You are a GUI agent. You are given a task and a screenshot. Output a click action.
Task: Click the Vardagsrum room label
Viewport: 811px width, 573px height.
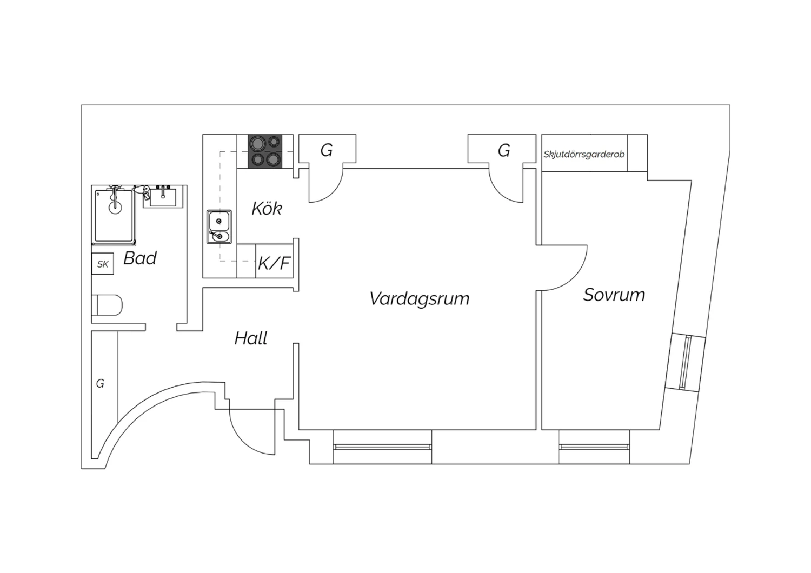coord(419,299)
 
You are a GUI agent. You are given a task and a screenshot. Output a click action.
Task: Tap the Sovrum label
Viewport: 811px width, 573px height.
coord(614,295)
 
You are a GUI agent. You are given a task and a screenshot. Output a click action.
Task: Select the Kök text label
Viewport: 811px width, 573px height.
coord(267,209)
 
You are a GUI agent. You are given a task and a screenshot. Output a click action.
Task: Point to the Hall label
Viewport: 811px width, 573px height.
coord(251,338)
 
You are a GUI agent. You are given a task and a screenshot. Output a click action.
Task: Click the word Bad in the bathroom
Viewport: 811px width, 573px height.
coord(140,258)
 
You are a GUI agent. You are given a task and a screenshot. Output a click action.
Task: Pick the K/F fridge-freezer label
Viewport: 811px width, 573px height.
coord(274,263)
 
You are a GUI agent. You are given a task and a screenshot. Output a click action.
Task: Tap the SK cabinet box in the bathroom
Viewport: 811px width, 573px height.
coord(103,264)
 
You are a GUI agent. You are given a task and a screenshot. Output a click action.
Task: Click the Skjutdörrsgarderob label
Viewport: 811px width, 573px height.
coord(584,155)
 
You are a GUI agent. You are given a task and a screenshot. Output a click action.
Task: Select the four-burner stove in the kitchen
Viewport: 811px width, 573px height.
coord(265,151)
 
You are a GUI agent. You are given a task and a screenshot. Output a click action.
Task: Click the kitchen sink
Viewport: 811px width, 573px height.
coord(219,227)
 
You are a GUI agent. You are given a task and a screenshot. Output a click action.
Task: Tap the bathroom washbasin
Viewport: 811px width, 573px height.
coord(163,197)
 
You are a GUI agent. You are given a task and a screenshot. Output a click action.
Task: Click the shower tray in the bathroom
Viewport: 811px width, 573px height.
coord(114,216)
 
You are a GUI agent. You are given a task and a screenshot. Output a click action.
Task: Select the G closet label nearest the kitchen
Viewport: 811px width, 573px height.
coord(327,150)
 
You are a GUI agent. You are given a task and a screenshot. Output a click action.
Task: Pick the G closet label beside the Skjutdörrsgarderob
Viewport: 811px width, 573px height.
coord(504,150)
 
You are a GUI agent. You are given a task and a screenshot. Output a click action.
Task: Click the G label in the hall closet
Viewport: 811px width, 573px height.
coord(100,383)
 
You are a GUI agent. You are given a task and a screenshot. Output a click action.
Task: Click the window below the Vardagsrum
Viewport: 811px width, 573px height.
coord(382,447)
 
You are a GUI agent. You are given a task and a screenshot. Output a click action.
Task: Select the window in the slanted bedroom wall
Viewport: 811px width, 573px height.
coord(686,363)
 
